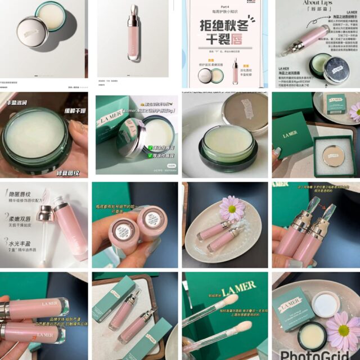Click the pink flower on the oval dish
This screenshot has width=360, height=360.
(232, 209)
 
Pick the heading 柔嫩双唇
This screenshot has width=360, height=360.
(19, 219)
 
